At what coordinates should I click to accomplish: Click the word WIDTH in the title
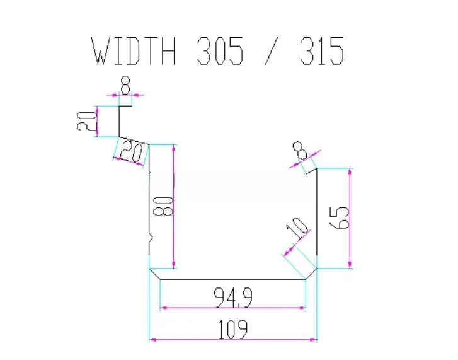(134, 51)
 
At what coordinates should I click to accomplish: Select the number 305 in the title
(220, 51)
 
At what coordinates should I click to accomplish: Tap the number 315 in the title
(322, 51)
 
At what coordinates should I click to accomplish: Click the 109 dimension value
(233, 329)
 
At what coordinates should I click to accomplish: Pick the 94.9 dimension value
(233, 298)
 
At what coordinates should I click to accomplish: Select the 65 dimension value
(339, 218)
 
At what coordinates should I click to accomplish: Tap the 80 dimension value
(163, 206)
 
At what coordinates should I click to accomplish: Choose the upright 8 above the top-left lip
(125, 85)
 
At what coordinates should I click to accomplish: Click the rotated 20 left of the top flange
(86, 121)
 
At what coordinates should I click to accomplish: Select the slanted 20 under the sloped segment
(132, 152)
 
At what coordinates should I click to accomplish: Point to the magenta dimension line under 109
(233, 340)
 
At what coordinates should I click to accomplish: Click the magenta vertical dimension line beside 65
(350, 218)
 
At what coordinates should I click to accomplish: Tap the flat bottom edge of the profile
(233, 279)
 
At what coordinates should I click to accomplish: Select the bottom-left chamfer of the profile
(154, 274)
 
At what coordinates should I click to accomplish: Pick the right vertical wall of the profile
(317, 218)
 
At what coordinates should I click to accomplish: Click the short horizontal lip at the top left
(125, 105)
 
